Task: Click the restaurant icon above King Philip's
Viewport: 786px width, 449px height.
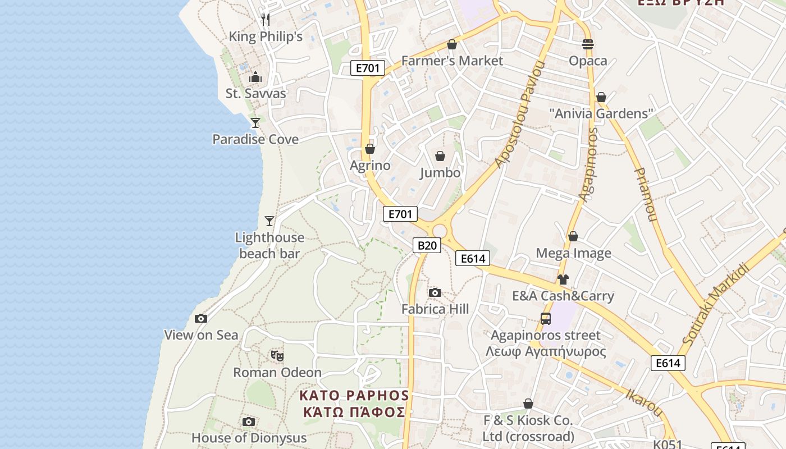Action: tap(266, 20)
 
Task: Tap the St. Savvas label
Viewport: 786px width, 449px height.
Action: tap(256, 94)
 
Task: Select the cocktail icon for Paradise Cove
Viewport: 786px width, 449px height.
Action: tap(255, 122)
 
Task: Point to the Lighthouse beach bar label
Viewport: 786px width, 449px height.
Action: tap(269, 246)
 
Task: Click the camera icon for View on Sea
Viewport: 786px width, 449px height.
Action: tap(201, 318)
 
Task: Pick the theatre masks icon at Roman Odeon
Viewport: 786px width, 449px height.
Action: tap(277, 355)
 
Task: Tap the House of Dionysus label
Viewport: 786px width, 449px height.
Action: tap(249, 438)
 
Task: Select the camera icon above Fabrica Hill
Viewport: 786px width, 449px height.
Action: tap(435, 292)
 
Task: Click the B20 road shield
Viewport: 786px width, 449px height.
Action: tap(427, 245)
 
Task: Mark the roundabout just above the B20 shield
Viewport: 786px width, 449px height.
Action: tap(440, 231)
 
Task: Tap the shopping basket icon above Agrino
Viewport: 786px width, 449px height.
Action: tap(370, 149)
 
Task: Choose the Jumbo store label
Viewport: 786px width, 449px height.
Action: tap(440, 173)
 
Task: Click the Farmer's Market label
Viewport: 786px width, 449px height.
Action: tap(452, 61)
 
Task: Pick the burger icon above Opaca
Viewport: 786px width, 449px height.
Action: tap(588, 44)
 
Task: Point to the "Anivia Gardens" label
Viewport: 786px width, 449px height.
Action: tap(601, 114)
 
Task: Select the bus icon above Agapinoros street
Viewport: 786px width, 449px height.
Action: tap(545, 319)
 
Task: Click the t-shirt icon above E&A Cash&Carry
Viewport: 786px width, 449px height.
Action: tap(563, 279)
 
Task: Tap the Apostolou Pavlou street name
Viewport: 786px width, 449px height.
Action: tap(520, 115)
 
